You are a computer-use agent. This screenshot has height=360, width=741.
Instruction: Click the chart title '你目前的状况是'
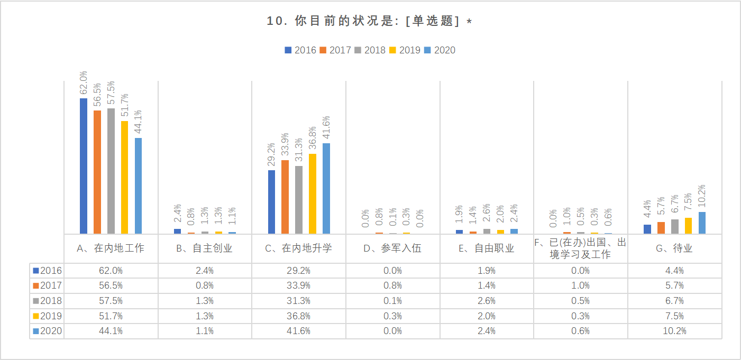370,21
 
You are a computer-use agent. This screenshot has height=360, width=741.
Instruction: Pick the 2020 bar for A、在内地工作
139,186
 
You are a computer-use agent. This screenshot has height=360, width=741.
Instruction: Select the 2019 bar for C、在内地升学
313,193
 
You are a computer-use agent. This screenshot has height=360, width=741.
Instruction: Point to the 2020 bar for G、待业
702,223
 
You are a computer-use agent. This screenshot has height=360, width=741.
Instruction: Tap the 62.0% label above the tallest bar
84,83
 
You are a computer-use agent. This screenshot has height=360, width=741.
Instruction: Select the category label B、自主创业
205,248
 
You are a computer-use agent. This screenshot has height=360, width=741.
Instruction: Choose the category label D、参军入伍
392,248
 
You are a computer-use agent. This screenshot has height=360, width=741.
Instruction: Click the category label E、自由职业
487,248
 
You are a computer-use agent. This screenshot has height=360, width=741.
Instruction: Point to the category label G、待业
674,248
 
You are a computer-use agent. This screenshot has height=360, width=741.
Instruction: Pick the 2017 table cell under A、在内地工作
111,285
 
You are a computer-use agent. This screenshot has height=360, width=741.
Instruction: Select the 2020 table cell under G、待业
674,331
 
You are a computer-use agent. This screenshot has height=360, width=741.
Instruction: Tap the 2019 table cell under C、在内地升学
299,316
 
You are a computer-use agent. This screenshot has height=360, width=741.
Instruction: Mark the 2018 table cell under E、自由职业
487,301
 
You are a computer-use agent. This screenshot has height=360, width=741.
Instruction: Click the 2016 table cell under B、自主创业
205,271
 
